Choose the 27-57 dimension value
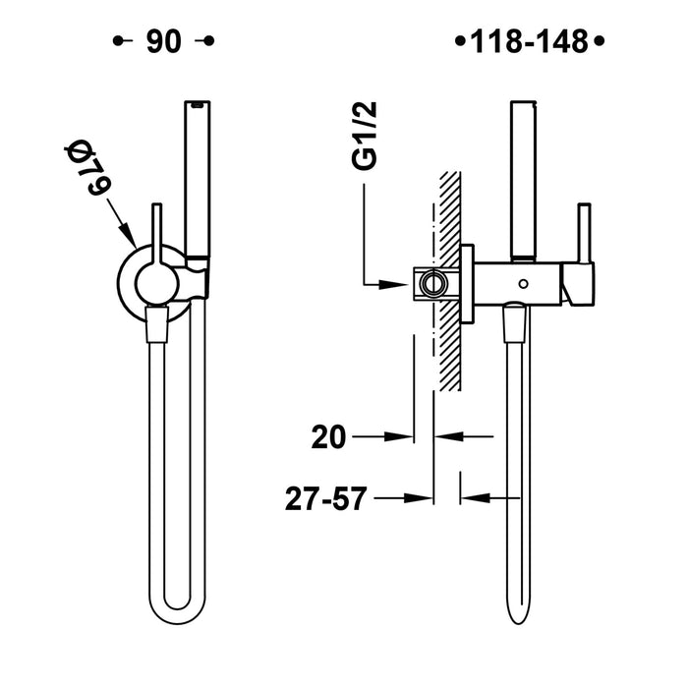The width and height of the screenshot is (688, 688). pyautogui.click(x=317, y=498)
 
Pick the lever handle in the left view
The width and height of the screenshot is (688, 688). pyautogui.click(x=154, y=236)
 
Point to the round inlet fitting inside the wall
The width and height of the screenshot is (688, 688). pyautogui.click(x=430, y=285)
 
